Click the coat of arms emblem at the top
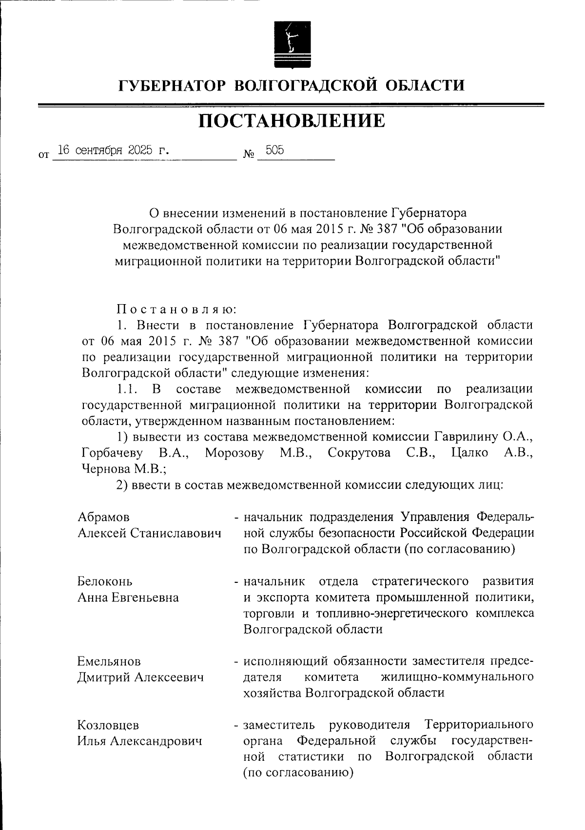(292, 45)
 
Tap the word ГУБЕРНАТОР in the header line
(172, 86)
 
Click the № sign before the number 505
(248, 155)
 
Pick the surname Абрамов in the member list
(104, 517)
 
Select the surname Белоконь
(105, 581)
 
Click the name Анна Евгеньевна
(128, 598)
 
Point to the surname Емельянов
(109, 661)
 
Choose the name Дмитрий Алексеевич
(140, 677)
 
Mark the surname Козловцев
(108, 725)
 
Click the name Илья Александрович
(139, 741)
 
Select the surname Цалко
(470, 453)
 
